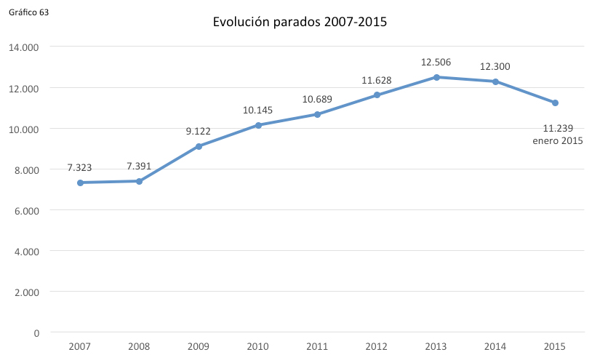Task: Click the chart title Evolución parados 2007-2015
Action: tap(300, 22)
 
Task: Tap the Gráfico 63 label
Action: tap(29, 13)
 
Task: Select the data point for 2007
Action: tap(80, 183)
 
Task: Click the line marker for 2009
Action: tap(199, 146)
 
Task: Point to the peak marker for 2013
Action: tap(436, 77)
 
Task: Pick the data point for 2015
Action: tap(555, 103)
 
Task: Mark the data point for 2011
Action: tap(318, 114)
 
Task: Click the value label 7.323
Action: tap(80, 167)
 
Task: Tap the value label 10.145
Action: tap(258, 111)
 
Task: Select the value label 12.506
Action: tap(436, 63)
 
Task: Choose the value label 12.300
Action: tap(495, 67)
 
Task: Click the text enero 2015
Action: tap(559, 141)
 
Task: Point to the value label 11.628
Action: tap(377, 81)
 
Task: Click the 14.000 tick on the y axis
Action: tap(24, 47)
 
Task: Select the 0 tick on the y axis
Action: tap(36, 333)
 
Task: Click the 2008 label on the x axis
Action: tap(139, 346)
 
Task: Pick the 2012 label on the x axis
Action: tap(377, 346)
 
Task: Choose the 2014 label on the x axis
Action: tap(495, 346)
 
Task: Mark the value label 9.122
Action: tap(199, 132)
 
